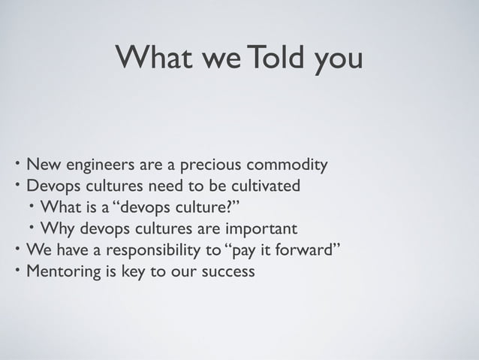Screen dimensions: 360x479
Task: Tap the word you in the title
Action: coord(338,60)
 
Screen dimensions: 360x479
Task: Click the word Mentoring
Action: coord(62,271)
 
